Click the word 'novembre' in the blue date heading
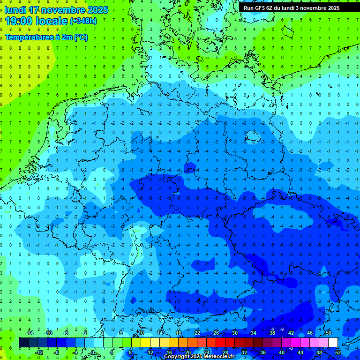pos(65,10)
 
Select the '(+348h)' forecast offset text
pos(84,21)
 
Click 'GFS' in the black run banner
pos(261,8)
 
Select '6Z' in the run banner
pos(272,8)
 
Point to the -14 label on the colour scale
pos(29,333)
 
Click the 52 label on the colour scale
pos(337,352)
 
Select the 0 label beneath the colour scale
pos(93,352)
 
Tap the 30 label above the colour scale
pos(234,333)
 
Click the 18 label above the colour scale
pos(178,333)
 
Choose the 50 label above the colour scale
pos(328,333)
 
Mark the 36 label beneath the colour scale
pos(262,352)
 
